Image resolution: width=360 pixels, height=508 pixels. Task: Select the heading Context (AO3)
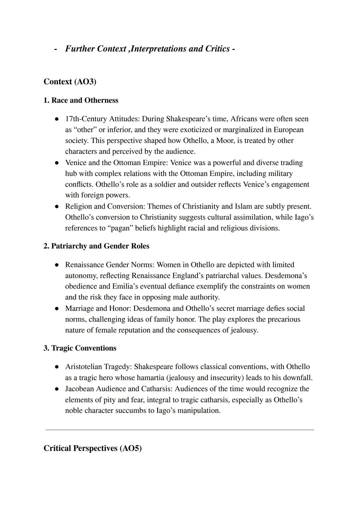click(70, 82)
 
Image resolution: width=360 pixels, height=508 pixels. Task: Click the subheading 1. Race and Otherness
click(81, 100)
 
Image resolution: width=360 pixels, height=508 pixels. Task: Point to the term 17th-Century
click(86, 119)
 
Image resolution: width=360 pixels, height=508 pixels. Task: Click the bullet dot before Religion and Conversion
click(57, 207)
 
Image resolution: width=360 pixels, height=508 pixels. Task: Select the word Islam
click(243, 206)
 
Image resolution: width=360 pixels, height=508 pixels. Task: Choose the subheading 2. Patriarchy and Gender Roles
click(96, 246)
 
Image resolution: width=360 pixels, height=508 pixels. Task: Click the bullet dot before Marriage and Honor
click(57, 309)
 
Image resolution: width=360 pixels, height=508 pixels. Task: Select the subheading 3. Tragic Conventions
click(80, 348)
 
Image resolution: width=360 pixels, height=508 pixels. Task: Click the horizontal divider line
click(180, 430)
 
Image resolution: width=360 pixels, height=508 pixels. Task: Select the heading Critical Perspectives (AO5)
click(92, 448)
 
